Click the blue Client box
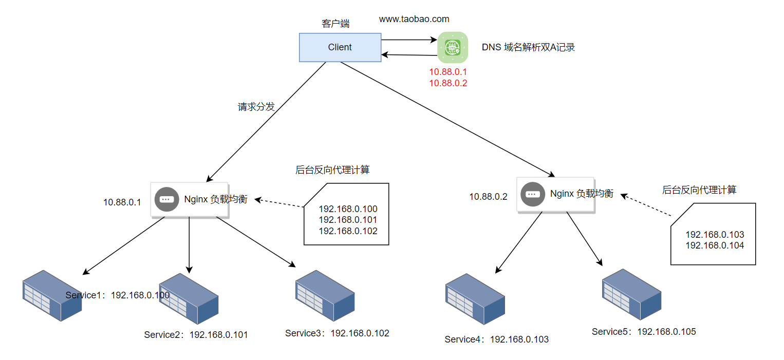tap(340, 47)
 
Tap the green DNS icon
tap(453, 48)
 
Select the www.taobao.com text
tap(414, 19)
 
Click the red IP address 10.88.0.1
tap(448, 72)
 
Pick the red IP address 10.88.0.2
tap(448, 83)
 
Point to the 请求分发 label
tap(256, 107)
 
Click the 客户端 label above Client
tap(335, 24)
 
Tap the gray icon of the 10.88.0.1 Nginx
tap(166, 199)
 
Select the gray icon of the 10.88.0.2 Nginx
tap(532, 194)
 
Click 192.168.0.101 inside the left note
tap(348, 220)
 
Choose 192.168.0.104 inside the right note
tap(715, 245)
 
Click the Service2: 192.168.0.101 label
tap(196, 335)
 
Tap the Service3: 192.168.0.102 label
tap(337, 333)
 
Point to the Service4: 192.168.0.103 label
tap(496, 339)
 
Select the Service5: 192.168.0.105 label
tap(644, 332)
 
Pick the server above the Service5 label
tap(631, 294)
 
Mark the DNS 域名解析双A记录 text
tap(528, 47)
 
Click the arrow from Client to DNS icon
tap(409, 40)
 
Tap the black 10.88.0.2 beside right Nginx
tap(488, 197)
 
